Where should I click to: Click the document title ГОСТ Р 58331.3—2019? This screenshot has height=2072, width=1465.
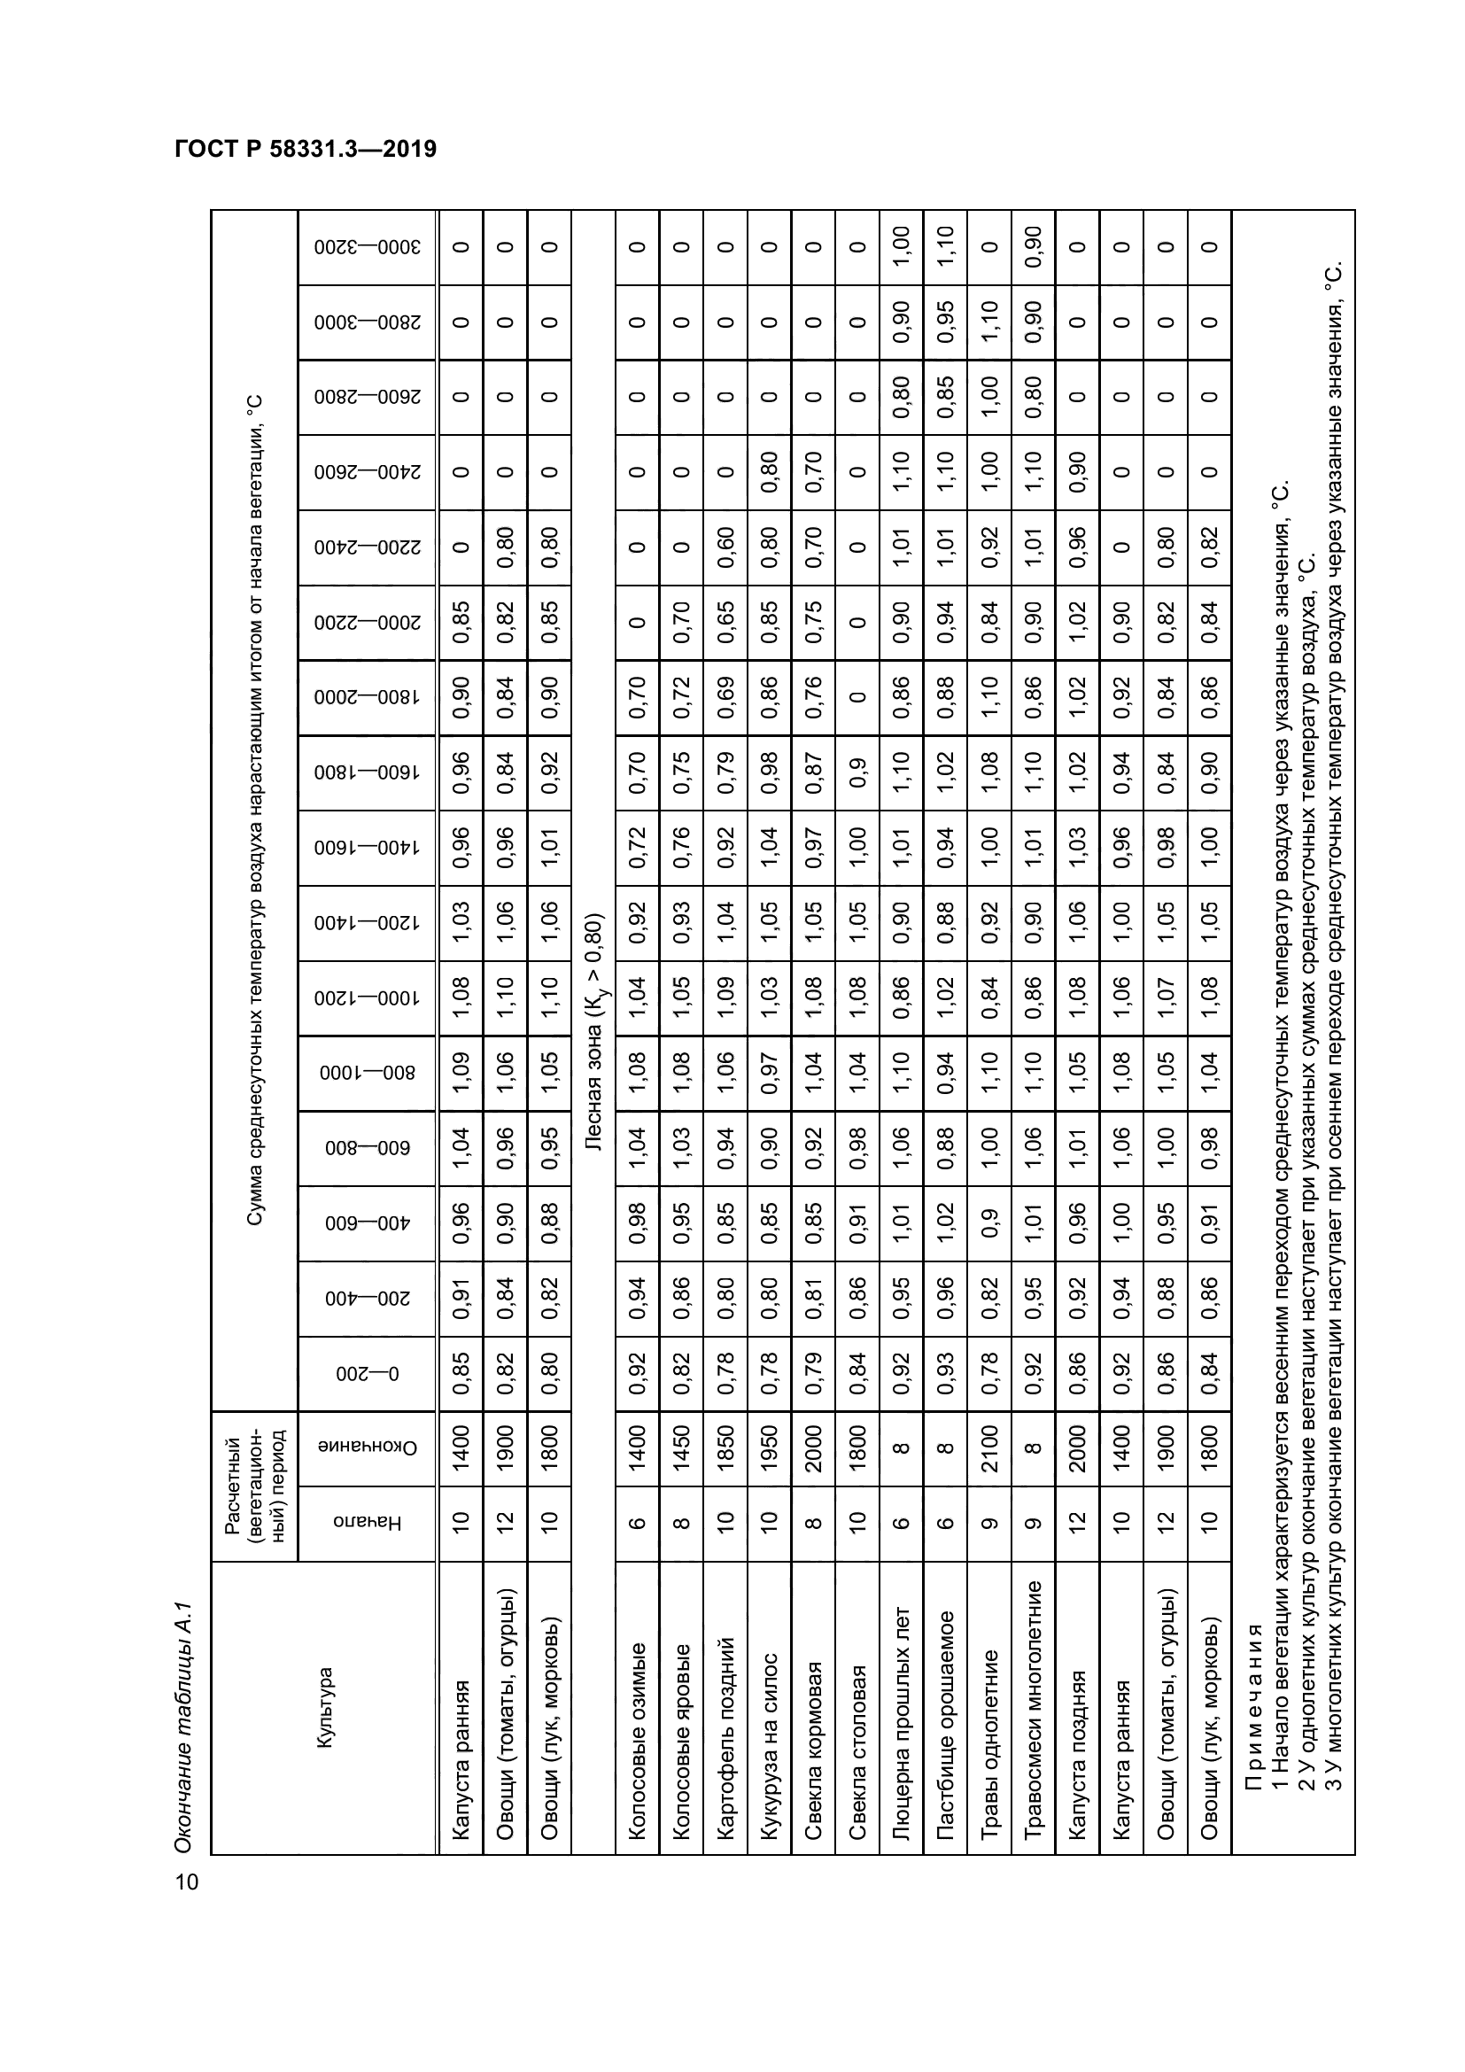pos(306,149)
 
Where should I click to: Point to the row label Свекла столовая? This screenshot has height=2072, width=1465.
pos(857,1750)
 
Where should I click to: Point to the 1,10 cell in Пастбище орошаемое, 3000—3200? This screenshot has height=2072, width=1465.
pos(945,246)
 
